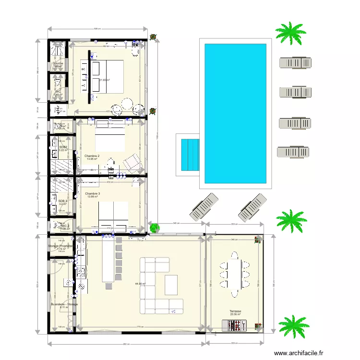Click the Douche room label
pyautogui.click(x=58, y=63)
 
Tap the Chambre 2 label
pyautogui.click(x=92, y=156)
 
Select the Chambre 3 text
pyautogui.click(x=92, y=193)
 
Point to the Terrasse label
pyautogui.click(x=235, y=311)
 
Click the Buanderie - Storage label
pyautogui.click(x=64, y=304)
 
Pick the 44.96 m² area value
pyautogui.click(x=141, y=284)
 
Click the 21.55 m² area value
pyautogui.click(x=105, y=80)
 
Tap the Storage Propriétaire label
pyautogui.click(x=60, y=246)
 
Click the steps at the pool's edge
pyautogui.click(x=191, y=155)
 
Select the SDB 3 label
pyautogui.click(x=63, y=201)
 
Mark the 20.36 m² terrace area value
pyautogui.click(x=235, y=315)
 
